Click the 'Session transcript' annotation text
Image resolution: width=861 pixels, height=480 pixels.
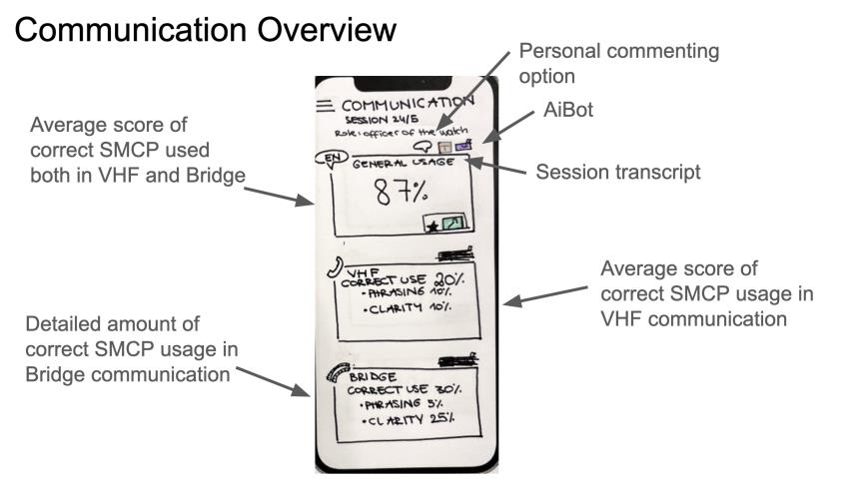pyautogui.click(x=618, y=172)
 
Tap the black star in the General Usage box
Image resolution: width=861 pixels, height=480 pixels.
pyautogui.click(x=430, y=227)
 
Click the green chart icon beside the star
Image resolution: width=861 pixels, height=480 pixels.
pyautogui.click(x=453, y=224)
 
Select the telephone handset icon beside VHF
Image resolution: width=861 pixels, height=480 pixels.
pyautogui.click(x=333, y=268)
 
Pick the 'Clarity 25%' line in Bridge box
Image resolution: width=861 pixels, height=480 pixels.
pyautogui.click(x=409, y=420)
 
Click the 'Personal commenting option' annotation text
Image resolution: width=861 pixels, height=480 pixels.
pyautogui.click(x=619, y=63)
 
